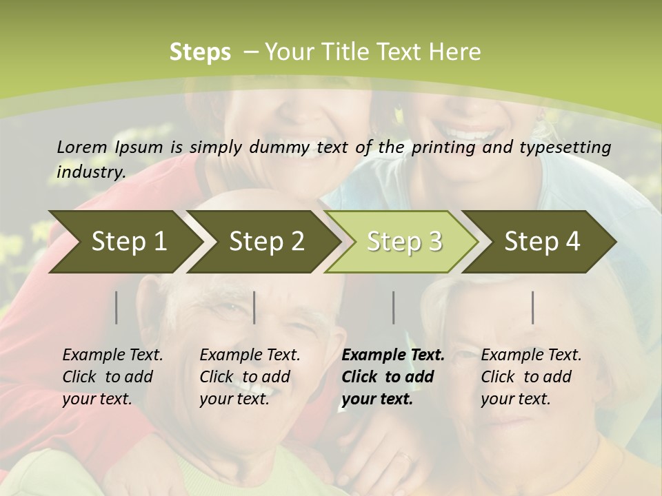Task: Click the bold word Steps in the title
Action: coord(200,52)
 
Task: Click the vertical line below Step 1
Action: coord(117,307)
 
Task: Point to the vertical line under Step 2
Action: coord(254,307)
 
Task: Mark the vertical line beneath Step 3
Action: coord(394,307)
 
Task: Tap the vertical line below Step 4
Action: coord(533,307)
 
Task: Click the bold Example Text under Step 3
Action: coord(393,376)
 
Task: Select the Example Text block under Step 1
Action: coord(112,376)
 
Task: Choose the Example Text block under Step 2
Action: coord(250,376)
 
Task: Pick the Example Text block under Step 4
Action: coord(531,376)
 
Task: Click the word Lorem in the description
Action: coord(82,147)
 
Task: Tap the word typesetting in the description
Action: coord(570,147)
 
